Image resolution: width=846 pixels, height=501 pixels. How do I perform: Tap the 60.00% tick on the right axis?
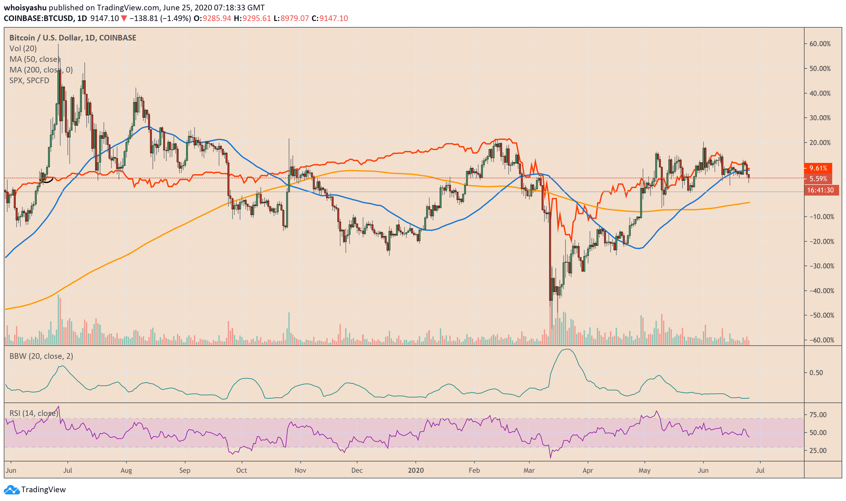(x=820, y=44)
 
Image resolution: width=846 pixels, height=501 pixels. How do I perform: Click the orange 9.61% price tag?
(x=818, y=168)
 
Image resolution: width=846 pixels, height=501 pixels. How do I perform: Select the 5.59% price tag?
(x=818, y=179)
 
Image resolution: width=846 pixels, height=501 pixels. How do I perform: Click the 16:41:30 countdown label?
(x=820, y=191)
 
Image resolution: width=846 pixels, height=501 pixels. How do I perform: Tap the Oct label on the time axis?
(x=242, y=470)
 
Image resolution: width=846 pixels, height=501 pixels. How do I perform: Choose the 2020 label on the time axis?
(x=416, y=470)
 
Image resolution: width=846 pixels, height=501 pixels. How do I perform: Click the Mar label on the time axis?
(x=529, y=470)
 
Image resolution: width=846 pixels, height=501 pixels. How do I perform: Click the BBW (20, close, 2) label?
(x=41, y=356)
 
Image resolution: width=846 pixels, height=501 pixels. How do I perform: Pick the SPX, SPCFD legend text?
(x=29, y=80)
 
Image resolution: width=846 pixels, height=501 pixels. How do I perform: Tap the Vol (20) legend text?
(x=23, y=49)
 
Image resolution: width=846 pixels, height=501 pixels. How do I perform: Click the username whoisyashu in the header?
(x=25, y=8)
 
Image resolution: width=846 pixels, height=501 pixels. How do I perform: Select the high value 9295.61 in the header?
(x=257, y=18)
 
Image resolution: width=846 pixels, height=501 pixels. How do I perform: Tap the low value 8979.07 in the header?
(x=295, y=18)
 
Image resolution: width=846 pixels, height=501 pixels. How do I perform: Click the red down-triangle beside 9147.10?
(x=124, y=18)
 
